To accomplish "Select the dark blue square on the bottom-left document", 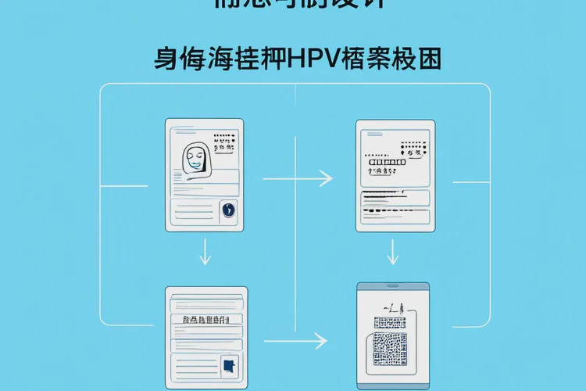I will click(229, 364).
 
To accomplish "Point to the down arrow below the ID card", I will click(205, 252).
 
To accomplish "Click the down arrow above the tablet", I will click(393, 252).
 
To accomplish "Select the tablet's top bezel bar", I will click(392, 286).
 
